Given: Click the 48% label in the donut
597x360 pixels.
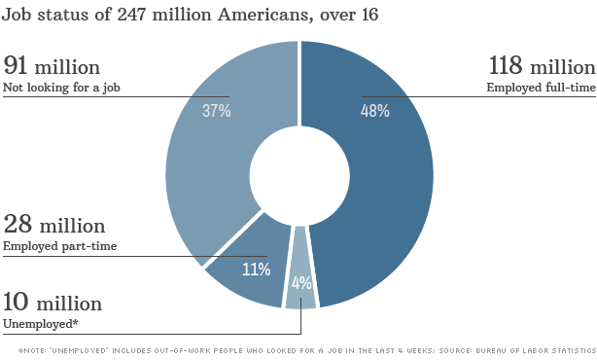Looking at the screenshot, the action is [375, 111].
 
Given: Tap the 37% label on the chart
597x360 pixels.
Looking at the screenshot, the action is [216, 111].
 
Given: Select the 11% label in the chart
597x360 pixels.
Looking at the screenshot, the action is [257, 270].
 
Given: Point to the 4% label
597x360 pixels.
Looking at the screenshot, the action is [301, 283].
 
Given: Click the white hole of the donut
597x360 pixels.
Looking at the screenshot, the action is [299, 175].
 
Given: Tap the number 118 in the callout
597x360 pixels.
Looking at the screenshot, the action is [506, 65].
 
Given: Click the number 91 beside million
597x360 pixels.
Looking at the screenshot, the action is [16, 65].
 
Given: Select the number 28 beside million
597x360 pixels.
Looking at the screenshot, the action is [18, 224].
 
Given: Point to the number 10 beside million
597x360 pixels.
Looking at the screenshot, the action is [16, 302].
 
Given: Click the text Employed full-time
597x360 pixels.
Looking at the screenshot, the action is [541, 88].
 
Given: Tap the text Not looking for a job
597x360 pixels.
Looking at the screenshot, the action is [61, 88].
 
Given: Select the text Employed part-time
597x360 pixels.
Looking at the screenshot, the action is [59, 246].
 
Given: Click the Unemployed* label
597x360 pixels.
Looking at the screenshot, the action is [41, 324].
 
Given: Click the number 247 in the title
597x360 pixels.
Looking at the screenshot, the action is [131, 15].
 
